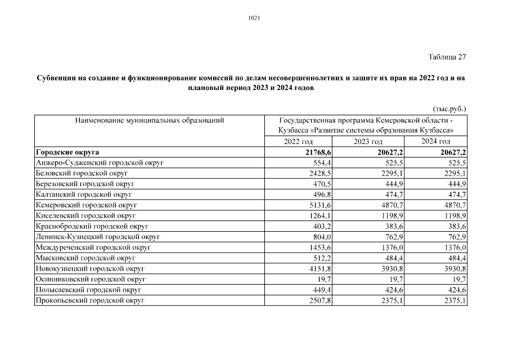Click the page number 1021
point(254,17)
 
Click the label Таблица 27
point(447,57)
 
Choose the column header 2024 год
point(435,141)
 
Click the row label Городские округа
point(67,152)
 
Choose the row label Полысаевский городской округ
point(88,290)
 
